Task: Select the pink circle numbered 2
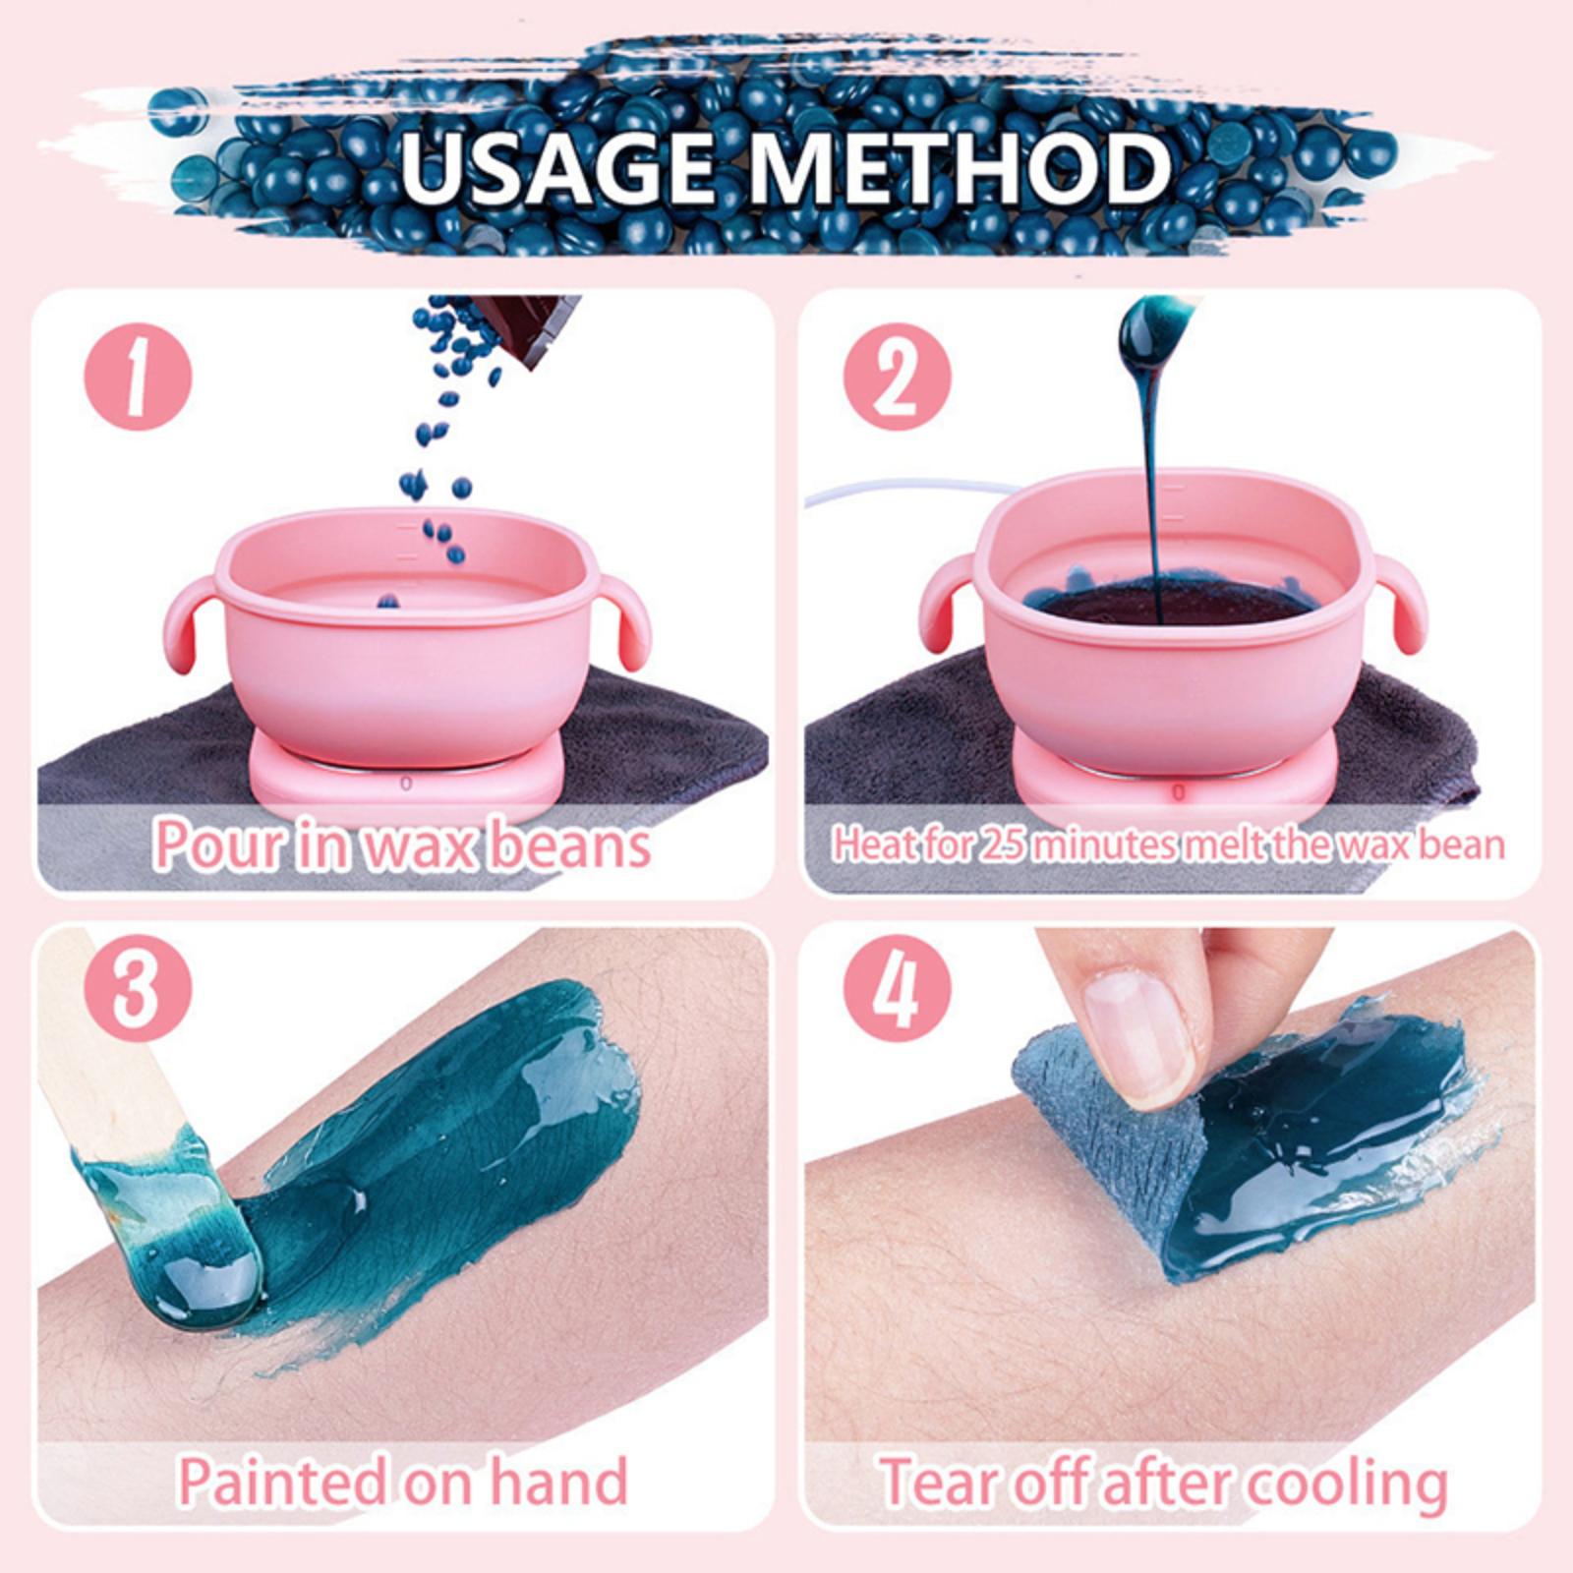point(898,378)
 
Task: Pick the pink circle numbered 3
point(137,986)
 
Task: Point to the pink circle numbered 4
point(898,986)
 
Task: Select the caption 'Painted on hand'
point(402,1481)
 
